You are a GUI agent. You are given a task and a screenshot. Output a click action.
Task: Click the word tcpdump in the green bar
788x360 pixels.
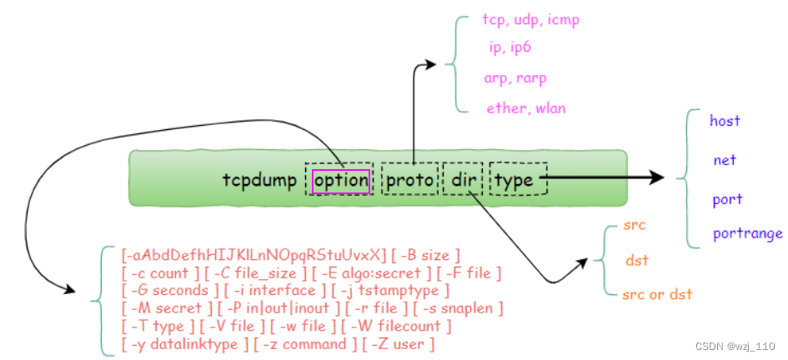click(x=259, y=180)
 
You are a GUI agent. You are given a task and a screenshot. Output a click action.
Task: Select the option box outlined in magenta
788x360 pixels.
click(x=340, y=180)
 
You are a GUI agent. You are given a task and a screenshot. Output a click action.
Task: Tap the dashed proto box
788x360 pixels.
click(x=409, y=180)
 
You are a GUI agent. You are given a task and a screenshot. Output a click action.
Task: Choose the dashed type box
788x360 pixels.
click(x=518, y=180)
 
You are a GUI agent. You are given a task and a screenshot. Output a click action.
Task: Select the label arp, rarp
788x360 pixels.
click(x=515, y=77)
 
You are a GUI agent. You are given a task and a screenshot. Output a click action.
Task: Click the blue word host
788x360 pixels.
click(x=725, y=121)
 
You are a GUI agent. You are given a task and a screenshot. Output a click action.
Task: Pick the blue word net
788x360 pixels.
click(x=725, y=160)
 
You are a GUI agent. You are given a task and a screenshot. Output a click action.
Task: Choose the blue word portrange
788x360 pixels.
click(x=747, y=233)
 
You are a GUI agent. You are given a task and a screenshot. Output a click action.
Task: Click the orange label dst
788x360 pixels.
click(x=637, y=260)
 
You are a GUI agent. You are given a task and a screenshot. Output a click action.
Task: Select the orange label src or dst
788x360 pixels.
click(x=657, y=294)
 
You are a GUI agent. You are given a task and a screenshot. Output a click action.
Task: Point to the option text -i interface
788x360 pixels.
click(x=279, y=290)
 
